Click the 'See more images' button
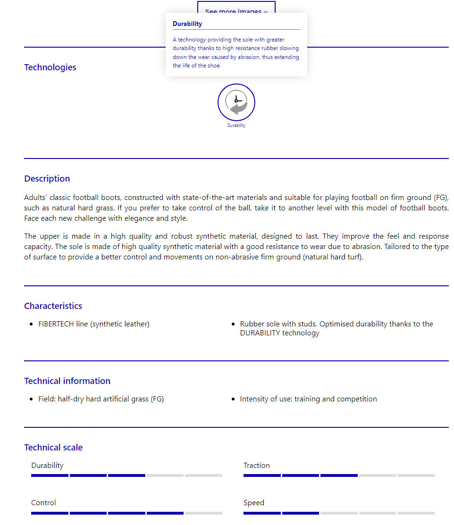coord(236,8)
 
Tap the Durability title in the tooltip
coord(187,24)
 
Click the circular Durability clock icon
coord(236,102)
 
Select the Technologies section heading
coord(50,67)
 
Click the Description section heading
coord(47,179)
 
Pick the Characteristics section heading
coord(53,306)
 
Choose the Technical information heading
coord(67,381)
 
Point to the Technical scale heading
coord(53,448)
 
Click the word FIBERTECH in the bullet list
coord(56,324)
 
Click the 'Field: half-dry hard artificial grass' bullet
coord(101,399)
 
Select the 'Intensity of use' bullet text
coord(308,399)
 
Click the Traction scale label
coord(257,466)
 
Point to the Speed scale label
coord(254,503)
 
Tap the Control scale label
coord(43,503)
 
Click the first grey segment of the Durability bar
coord(165,475)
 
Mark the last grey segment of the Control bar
coord(203,513)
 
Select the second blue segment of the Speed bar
coord(301,513)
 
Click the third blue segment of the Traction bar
coord(339,475)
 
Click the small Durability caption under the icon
coord(236,125)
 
